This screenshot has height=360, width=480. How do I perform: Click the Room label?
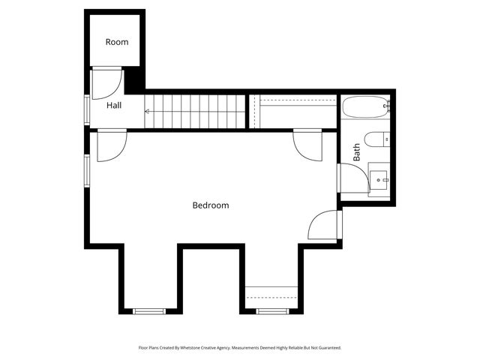117,42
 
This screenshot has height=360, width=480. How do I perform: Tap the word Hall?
114,106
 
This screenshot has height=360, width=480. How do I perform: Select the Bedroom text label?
211,205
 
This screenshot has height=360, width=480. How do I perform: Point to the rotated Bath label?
357,152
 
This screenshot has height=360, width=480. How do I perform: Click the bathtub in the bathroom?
366,107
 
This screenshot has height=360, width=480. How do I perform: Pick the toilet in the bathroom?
376,138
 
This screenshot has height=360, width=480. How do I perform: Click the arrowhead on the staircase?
147,112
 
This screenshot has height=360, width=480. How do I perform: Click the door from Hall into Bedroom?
111,145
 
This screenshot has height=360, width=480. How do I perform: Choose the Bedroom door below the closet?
308,143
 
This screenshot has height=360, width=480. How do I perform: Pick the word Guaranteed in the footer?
328,348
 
